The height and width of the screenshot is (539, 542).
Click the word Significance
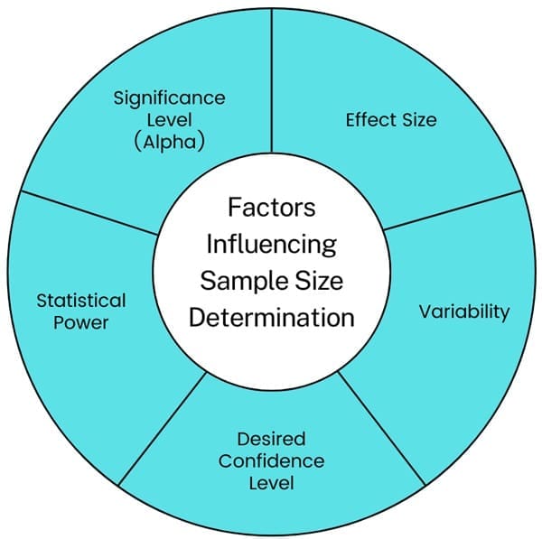[169, 98]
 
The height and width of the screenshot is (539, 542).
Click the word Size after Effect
[417, 119]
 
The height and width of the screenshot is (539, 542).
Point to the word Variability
[463, 311]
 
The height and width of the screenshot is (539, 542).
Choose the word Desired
[271, 439]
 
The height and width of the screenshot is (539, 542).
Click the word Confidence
[271, 460]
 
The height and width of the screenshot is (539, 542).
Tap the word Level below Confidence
[271, 483]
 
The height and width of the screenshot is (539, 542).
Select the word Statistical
[81, 300]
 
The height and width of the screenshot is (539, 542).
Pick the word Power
[81, 322]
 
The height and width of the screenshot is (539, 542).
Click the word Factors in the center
[271, 207]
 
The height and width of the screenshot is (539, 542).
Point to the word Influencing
[271, 244]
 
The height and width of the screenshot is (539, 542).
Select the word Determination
[271, 318]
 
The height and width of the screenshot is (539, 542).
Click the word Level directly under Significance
[169, 120]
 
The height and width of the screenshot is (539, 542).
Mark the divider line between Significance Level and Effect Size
[272, 81]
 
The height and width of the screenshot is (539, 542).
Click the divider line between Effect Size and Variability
[452, 210]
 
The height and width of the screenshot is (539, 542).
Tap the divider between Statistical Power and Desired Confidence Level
[163, 428]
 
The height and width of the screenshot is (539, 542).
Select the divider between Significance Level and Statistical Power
[90, 212]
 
